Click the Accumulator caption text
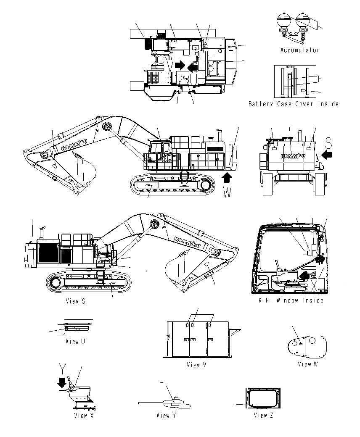(x=300, y=50)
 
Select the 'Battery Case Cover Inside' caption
(x=293, y=104)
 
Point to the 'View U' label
(x=75, y=341)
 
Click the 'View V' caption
(x=196, y=365)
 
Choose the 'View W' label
(x=307, y=364)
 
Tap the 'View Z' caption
(x=263, y=415)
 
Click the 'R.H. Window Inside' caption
(x=291, y=300)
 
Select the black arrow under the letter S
(x=326, y=155)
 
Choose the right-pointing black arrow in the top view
(x=180, y=65)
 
